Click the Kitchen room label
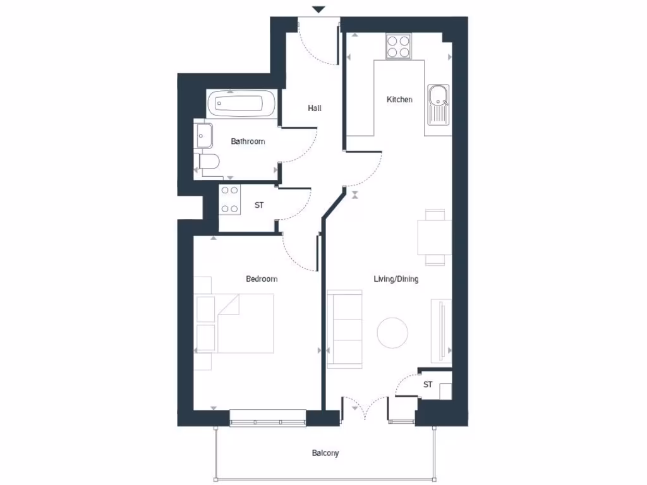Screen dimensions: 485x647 (399, 100)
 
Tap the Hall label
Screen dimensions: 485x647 (315, 108)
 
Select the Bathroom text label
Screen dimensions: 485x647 (248, 141)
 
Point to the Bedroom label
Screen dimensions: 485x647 (262, 278)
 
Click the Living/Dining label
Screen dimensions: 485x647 (396, 278)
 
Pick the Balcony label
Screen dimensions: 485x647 (325, 453)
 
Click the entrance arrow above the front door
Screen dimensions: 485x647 (319, 9)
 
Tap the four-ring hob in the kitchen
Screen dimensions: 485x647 (399, 46)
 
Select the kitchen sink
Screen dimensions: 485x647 (438, 98)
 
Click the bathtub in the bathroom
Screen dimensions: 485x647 (241, 103)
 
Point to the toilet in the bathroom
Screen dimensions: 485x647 (208, 163)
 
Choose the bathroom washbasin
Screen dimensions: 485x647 (204, 135)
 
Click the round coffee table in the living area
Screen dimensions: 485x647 (392, 332)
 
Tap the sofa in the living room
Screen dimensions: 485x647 (344, 329)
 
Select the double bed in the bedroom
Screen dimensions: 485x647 (243, 323)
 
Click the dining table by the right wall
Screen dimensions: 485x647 (435, 237)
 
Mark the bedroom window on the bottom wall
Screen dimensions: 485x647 (267, 418)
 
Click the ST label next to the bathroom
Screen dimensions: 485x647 (259, 205)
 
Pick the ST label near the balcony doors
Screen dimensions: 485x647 (428, 385)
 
